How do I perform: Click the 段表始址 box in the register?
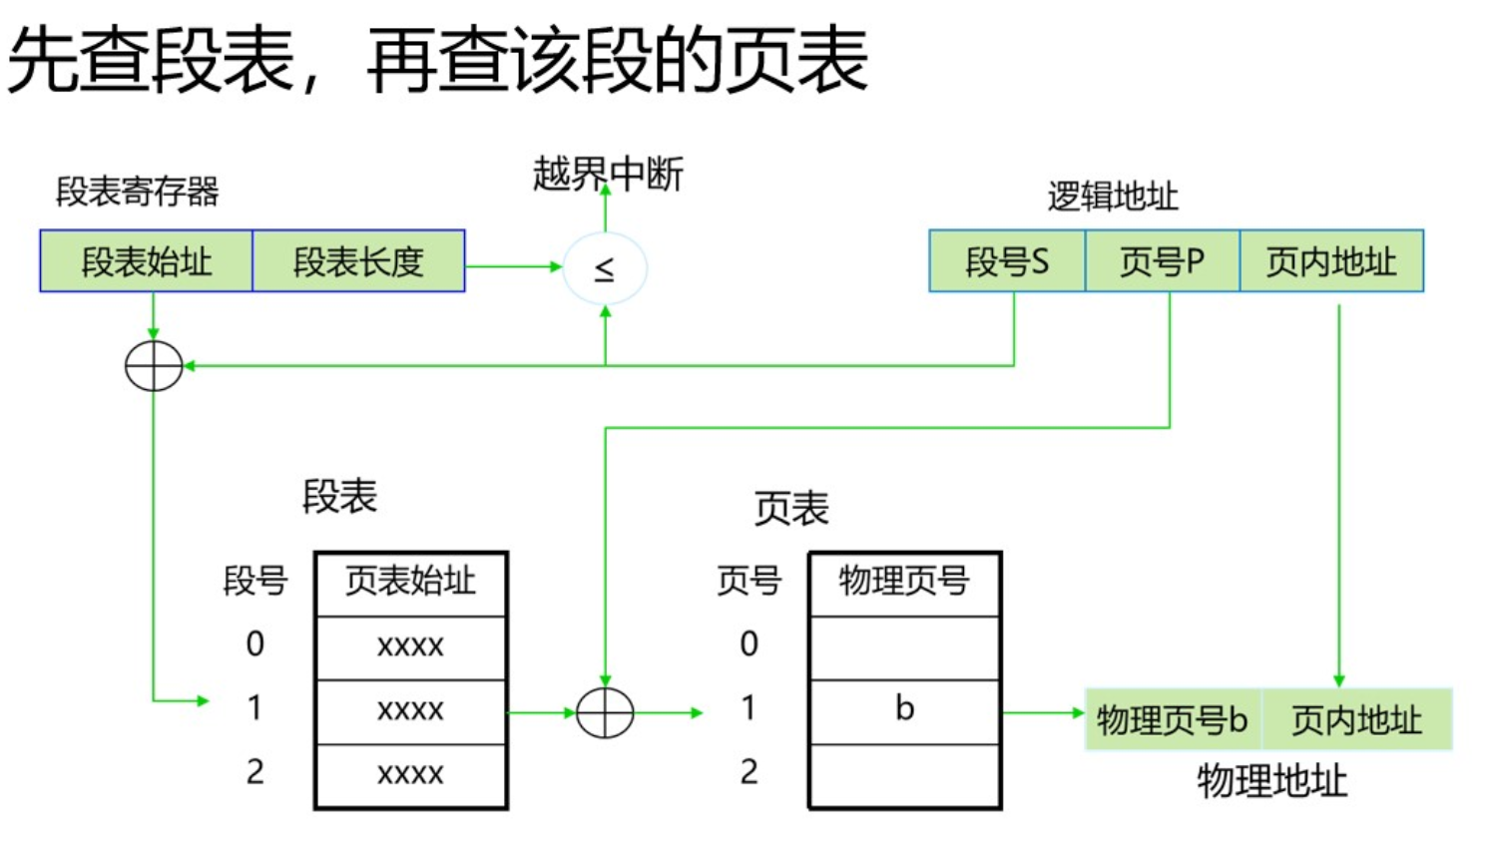[147, 261]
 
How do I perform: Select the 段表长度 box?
[358, 261]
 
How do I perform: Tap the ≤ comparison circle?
[605, 267]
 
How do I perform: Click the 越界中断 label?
[608, 175]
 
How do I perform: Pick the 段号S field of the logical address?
[1006, 261]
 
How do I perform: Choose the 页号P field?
[1162, 261]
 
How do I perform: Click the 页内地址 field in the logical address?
[1331, 261]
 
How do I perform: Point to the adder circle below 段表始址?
[154, 366]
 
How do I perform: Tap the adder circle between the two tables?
[605, 713]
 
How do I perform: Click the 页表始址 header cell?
[410, 583]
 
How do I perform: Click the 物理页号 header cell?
[904, 583]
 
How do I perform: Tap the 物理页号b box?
[1173, 719]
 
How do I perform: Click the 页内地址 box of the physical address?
[1356, 719]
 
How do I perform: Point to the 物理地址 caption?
[1271, 781]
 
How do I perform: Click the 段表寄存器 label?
[137, 192]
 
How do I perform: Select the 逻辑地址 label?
[1113, 197]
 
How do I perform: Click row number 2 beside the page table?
[749, 772]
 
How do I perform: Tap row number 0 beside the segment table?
[255, 644]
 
